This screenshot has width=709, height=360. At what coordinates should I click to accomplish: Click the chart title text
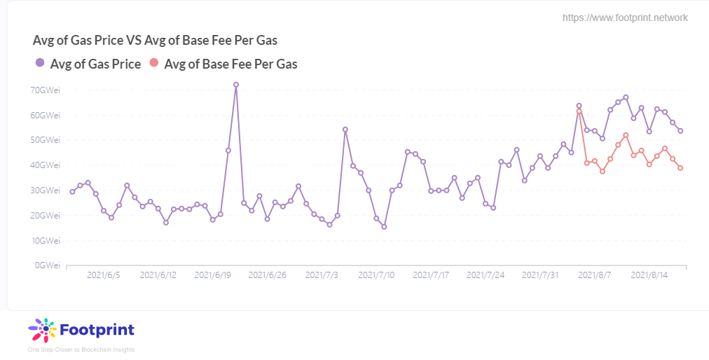click(x=160, y=40)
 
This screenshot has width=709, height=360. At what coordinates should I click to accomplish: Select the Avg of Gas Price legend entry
click(x=88, y=64)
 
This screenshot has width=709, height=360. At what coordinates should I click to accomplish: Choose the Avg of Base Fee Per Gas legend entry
click(x=223, y=64)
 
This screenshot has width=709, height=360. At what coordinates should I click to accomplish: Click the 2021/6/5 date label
click(x=104, y=275)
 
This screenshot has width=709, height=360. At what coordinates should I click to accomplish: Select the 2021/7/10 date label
click(x=376, y=275)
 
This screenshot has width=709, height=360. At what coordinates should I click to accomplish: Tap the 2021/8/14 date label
click(x=649, y=275)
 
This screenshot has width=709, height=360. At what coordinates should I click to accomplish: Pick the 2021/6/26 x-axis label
click(x=267, y=275)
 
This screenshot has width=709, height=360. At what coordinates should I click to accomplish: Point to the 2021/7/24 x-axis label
click(x=486, y=275)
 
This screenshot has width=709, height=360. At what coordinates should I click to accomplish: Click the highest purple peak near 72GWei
click(x=236, y=85)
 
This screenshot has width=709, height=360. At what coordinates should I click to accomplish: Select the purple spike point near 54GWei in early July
click(x=345, y=130)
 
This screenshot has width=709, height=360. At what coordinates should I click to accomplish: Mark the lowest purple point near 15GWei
click(x=384, y=226)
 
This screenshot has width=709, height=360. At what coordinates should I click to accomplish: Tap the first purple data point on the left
click(x=72, y=192)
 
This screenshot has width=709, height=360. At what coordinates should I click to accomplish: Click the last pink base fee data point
click(x=680, y=168)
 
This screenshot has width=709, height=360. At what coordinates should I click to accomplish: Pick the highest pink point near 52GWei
click(x=626, y=135)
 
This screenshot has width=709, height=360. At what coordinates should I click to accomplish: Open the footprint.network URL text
click(x=625, y=18)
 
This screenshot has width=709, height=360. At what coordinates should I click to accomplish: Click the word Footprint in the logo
click(x=97, y=329)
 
